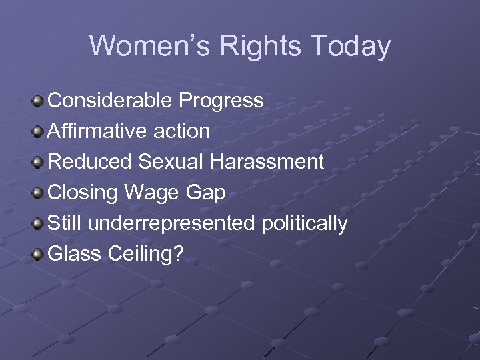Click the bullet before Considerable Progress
(39, 101)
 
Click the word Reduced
(89, 162)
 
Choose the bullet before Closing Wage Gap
(39, 193)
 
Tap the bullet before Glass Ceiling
(39, 255)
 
